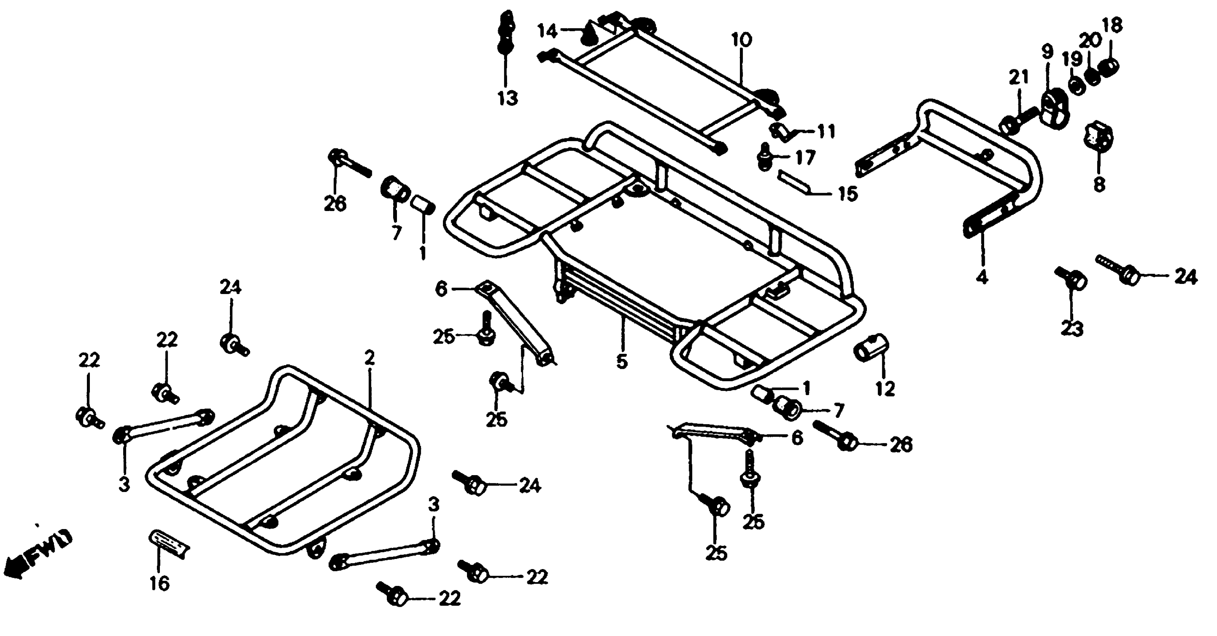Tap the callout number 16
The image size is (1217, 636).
[x=160, y=584]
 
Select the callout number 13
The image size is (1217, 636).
[x=507, y=98]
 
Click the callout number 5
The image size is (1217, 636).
[x=622, y=362]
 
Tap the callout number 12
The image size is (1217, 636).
[x=885, y=389]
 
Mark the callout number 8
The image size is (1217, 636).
[x=1099, y=184]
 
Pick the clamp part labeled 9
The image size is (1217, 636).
[x=1054, y=111]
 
